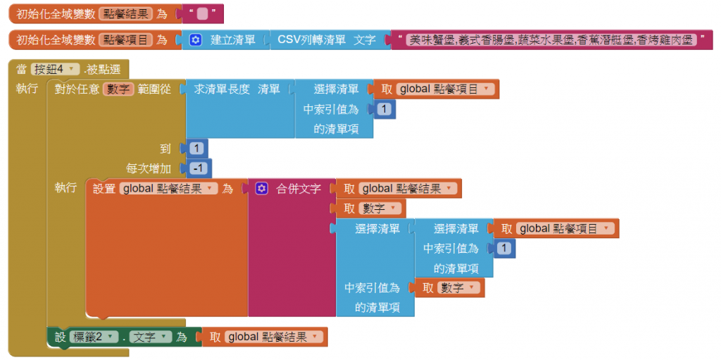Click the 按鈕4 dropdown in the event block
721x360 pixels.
[x=54, y=69]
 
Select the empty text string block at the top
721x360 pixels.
[x=202, y=13]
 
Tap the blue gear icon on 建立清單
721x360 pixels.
[x=196, y=39]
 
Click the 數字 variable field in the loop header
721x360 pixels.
[x=118, y=89]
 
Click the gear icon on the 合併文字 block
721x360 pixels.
[x=262, y=189]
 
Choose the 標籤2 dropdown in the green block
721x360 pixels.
[x=92, y=337]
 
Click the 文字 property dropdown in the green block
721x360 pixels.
[x=151, y=337]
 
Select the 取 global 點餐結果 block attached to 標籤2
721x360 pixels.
[x=266, y=337]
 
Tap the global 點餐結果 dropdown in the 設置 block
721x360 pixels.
[x=168, y=189]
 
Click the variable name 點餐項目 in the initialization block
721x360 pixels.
[x=125, y=39]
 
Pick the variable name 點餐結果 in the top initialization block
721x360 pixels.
[x=125, y=13]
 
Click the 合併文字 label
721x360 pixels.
[x=299, y=189]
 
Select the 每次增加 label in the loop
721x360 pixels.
[x=148, y=169]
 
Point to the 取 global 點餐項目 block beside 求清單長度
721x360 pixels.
[x=437, y=89]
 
